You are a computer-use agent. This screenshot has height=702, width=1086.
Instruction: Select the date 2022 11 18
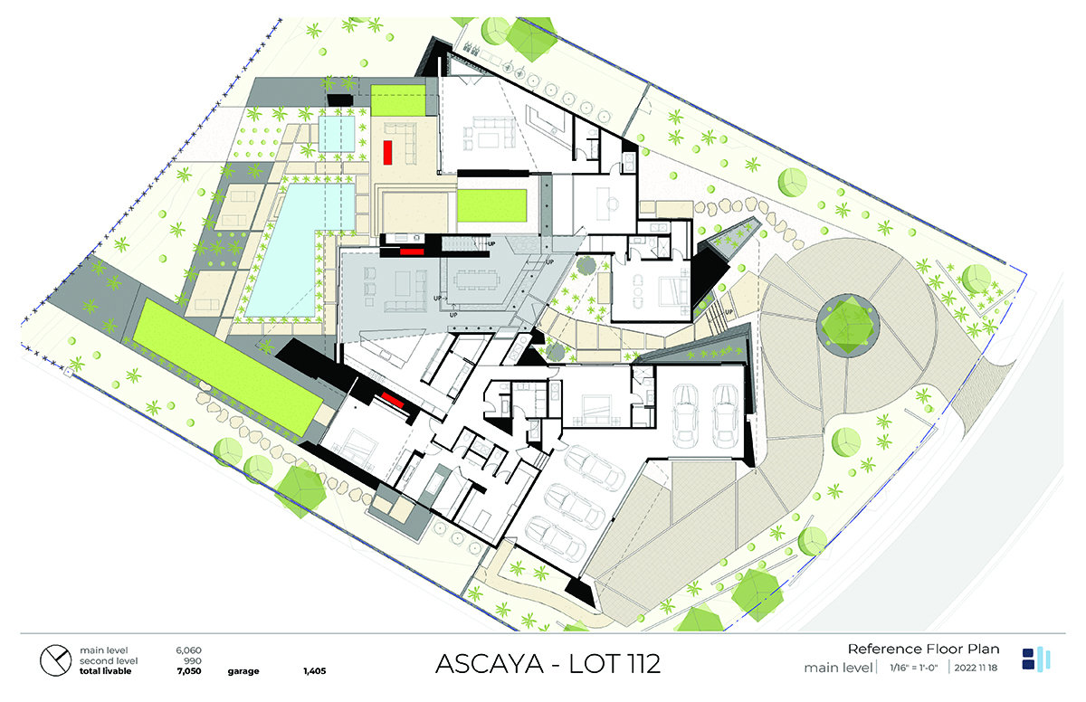976,668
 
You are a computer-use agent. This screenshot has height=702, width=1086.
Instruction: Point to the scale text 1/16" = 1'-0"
913,668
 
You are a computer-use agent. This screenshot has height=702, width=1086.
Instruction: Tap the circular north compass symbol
56,660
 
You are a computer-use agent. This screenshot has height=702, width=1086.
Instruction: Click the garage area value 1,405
315,671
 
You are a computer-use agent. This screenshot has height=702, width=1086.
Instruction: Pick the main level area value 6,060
188,650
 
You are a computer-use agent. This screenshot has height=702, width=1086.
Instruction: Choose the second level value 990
193,660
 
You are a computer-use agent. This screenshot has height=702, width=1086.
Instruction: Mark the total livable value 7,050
188,671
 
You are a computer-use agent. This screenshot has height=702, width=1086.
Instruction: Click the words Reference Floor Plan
923,649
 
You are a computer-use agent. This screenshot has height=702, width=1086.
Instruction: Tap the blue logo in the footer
1035,659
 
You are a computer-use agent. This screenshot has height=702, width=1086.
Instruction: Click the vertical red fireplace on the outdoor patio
388,152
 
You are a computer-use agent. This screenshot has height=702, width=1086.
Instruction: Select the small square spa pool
337,133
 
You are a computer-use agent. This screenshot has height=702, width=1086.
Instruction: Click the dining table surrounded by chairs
477,280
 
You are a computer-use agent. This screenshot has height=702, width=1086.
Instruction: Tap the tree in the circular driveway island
848,325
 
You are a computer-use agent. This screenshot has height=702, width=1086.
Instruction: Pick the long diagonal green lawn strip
228,366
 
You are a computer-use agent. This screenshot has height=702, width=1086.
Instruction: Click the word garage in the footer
243,671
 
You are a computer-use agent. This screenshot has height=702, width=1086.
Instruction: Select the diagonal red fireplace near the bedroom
393,400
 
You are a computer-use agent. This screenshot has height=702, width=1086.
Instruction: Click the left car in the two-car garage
685,415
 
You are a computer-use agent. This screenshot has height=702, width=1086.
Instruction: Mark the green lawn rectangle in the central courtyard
491,206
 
